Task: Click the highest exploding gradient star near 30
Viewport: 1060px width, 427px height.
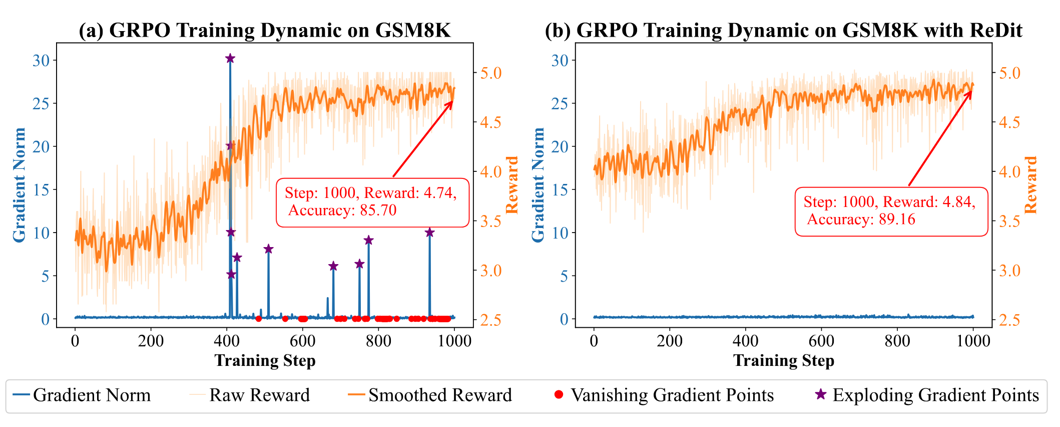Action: click(x=230, y=59)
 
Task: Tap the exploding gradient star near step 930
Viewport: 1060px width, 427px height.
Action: click(x=429, y=233)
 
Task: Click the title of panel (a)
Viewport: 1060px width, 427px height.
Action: click(x=265, y=31)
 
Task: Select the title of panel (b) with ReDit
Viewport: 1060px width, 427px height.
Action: click(x=783, y=31)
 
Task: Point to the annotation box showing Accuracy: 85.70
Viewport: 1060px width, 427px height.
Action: click(x=373, y=202)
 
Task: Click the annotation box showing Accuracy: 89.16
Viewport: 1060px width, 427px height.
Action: click(x=891, y=211)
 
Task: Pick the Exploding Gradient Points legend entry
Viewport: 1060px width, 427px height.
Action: click(x=927, y=395)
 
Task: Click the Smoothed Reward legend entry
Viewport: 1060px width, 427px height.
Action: click(x=430, y=395)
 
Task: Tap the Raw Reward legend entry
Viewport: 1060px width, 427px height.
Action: click(x=250, y=395)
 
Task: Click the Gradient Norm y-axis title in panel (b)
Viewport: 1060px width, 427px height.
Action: click(x=538, y=184)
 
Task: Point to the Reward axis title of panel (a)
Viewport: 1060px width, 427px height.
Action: click(x=512, y=184)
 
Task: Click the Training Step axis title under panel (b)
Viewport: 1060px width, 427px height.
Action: click(x=783, y=360)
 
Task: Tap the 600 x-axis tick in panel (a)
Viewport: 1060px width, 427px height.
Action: click(x=302, y=341)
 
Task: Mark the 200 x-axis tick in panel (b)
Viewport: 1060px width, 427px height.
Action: click(x=670, y=341)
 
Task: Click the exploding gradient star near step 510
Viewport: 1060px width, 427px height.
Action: click(x=268, y=249)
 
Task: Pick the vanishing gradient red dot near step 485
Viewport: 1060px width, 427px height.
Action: click(x=258, y=319)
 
